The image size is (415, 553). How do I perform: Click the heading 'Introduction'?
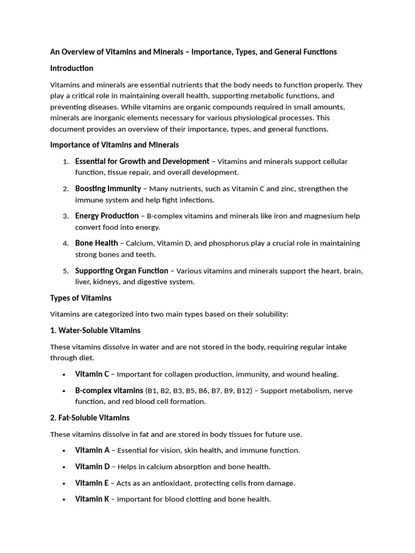tap(71, 68)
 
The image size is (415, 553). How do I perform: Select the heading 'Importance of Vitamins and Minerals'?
tap(114, 145)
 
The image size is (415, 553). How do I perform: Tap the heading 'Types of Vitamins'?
tap(81, 298)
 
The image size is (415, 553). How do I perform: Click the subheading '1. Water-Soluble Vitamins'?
tap(95, 330)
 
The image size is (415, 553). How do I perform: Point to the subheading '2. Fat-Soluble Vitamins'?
tap(90, 417)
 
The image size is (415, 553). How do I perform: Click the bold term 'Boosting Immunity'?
tap(108, 188)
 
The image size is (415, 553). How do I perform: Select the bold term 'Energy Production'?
tap(106, 215)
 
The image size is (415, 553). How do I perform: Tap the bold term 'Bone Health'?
tap(96, 243)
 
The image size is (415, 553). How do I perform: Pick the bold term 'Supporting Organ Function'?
tap(122, 271)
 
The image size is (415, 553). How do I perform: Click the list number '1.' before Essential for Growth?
tap(65, 161)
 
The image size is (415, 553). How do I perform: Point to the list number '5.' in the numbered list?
tap(65, 271)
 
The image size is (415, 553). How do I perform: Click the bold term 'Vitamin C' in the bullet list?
tap(92, 374)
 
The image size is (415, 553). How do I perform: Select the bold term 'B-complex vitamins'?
tap(109, 390)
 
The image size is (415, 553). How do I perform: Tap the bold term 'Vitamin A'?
tap(92, 450)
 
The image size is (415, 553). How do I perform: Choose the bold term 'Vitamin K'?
tap(92, 499)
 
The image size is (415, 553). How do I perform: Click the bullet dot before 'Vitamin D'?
tap(64, 467)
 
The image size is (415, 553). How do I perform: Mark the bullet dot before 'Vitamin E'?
tap(64, 483)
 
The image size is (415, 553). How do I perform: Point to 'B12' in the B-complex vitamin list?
tap(245, 390)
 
